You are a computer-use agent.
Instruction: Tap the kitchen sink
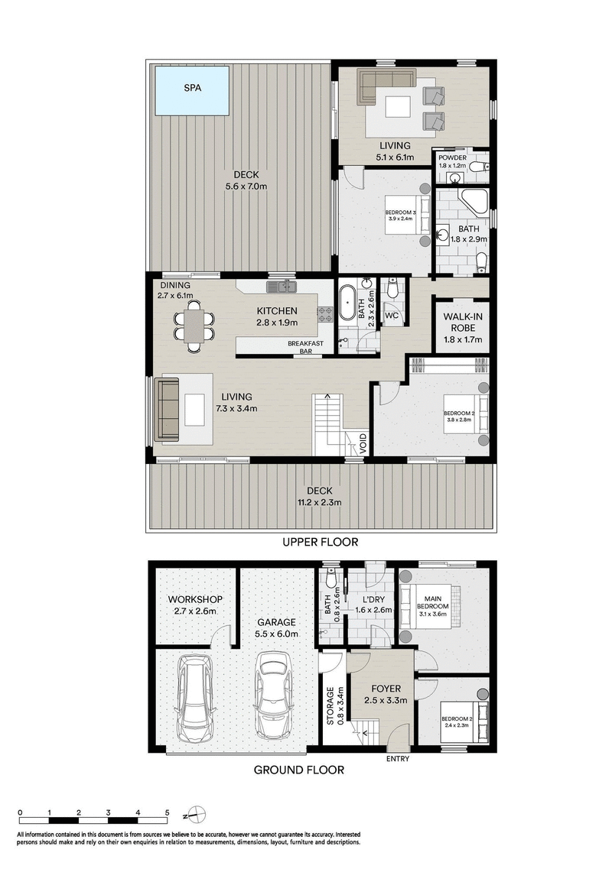281,287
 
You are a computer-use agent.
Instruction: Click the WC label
391,315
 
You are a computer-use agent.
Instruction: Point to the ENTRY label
398,759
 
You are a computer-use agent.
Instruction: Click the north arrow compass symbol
197,813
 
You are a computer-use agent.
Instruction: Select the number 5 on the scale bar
167,812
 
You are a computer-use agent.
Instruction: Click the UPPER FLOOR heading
321,542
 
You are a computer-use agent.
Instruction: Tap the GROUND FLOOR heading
298,770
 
